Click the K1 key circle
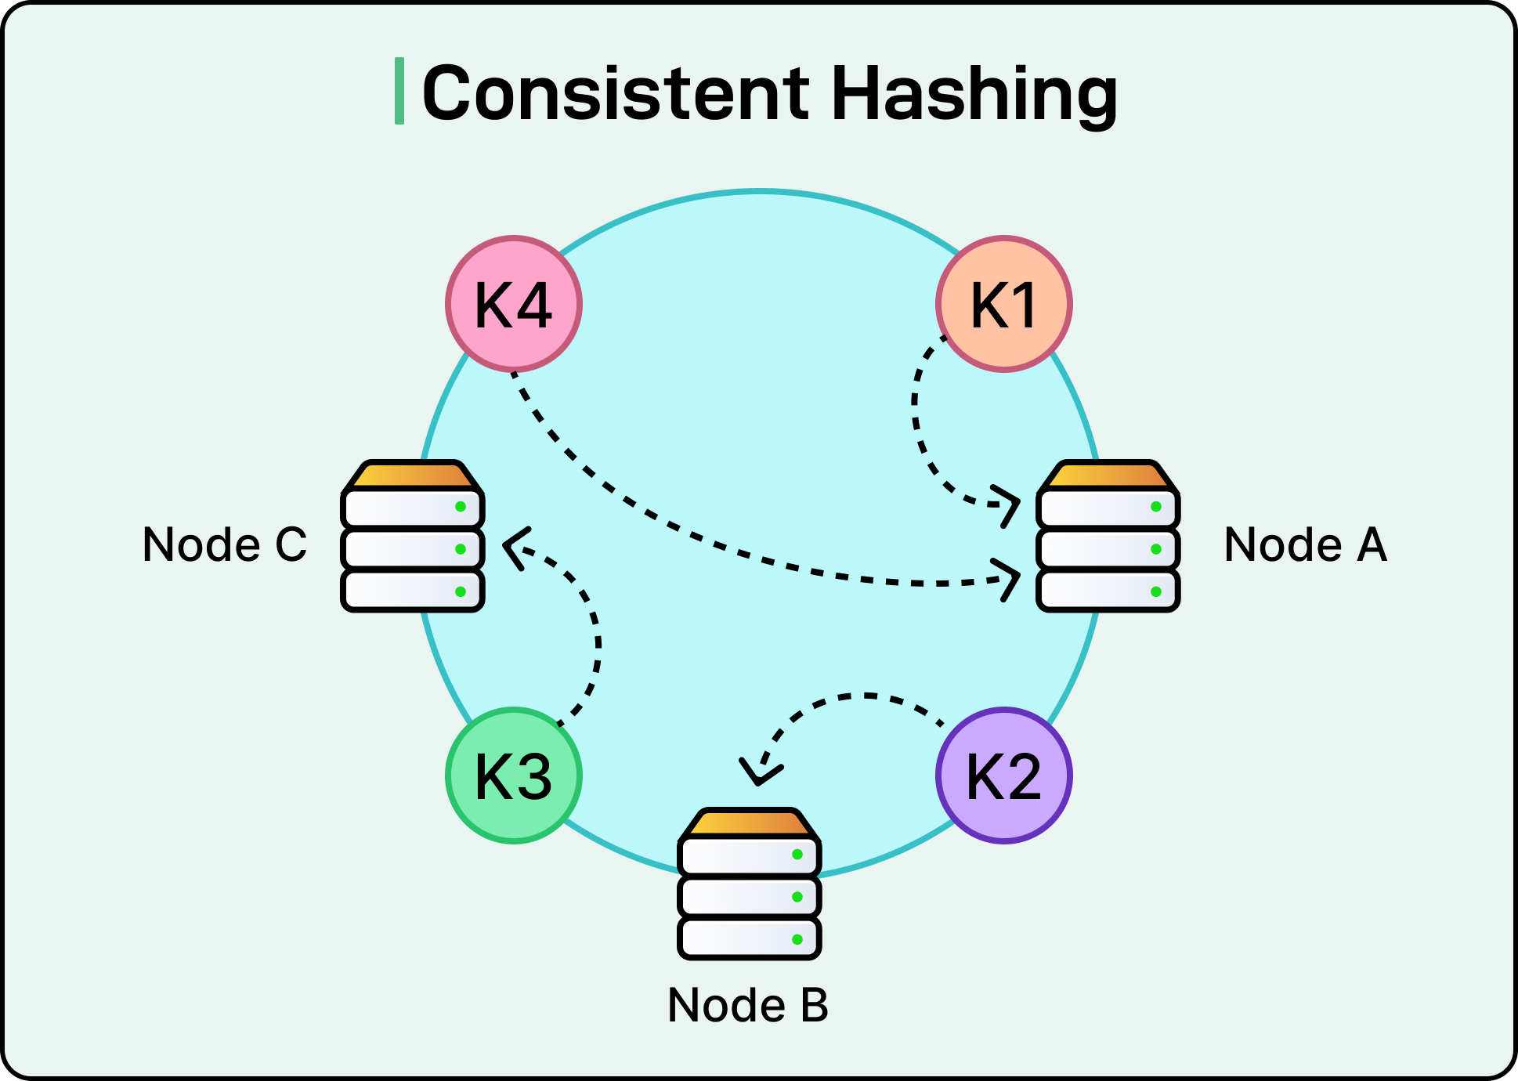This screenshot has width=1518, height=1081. tap(1003, 304)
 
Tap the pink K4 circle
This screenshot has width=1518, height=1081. tap(514, 304)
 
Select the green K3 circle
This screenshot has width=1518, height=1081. tap(514, 775)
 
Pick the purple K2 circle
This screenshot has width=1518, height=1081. tap(1003, 775)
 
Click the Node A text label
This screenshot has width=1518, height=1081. tap(1305, 544)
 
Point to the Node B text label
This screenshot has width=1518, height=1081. tap(748, 1005)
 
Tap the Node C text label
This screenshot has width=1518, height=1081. tap(225, 544)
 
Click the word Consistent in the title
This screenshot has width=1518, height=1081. tap(616, 93)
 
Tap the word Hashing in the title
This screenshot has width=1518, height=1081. tap(974, 93)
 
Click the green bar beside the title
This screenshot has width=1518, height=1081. tap(399, 91)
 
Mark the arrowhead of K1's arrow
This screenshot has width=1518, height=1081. tap(1010, 504)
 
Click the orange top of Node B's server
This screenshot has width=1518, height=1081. tap(749, 823)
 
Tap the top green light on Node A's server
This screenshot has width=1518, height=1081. tap(1155, 507)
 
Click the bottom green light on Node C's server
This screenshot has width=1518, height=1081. tap(461, 591)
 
